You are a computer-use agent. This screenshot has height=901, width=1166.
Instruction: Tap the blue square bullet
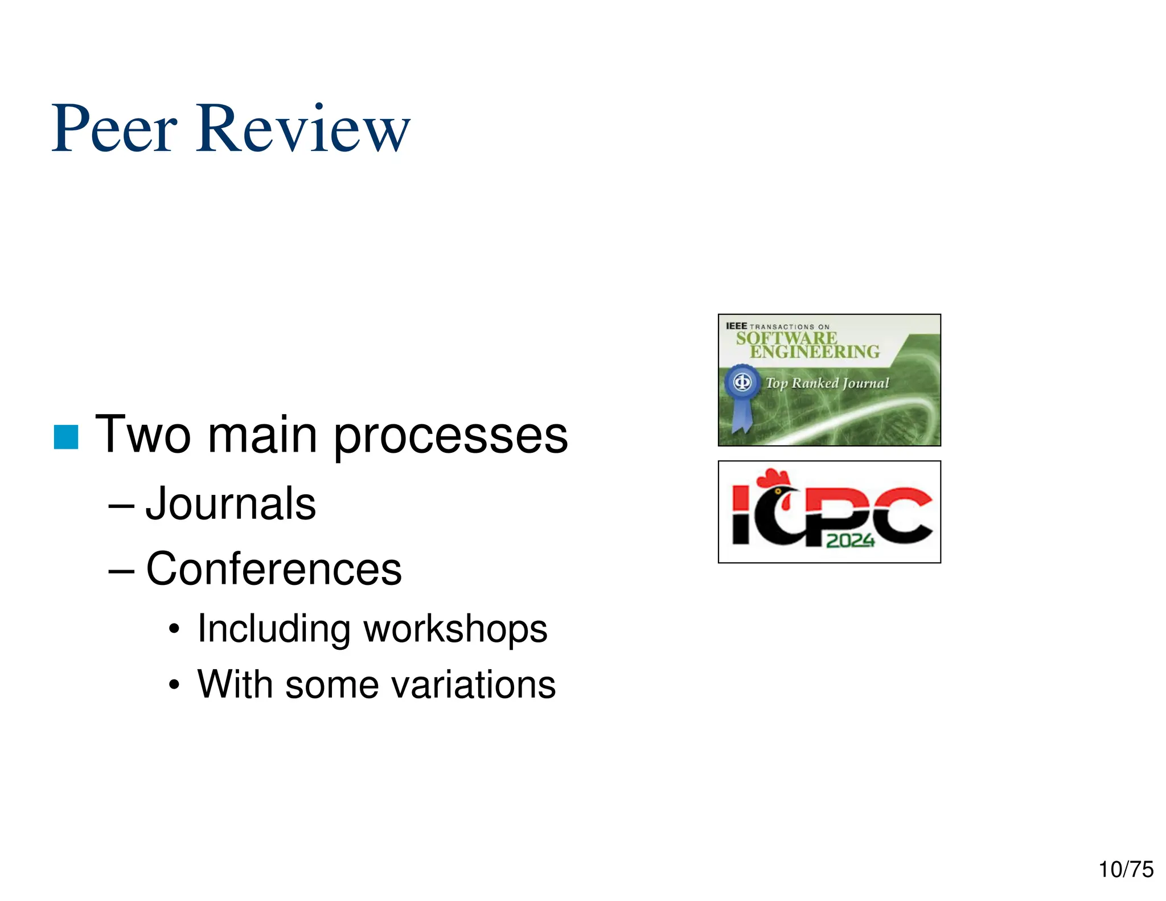point(66,437)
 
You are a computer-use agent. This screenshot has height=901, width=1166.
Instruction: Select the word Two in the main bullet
point(143,435)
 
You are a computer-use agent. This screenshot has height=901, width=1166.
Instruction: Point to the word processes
point(450,436)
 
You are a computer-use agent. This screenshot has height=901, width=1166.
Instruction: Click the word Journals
point(231,503)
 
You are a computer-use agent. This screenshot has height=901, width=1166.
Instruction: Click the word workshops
point(455,629)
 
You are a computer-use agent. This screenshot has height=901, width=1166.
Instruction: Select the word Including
point(273,629)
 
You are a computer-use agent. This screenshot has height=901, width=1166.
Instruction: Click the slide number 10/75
point(1126,870)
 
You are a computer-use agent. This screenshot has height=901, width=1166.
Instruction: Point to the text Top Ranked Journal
point(827,383)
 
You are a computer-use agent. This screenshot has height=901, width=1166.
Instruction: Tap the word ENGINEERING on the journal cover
point(814,352)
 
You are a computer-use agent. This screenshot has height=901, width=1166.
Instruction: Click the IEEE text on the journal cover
point(736,326)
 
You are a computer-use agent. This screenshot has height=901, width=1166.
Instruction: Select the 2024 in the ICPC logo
point(850,540)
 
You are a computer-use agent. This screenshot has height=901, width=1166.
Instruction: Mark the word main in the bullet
point(262,435)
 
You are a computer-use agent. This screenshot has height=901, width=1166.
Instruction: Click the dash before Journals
point(121,505)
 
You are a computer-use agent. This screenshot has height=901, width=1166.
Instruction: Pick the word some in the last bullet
point(332,684)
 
